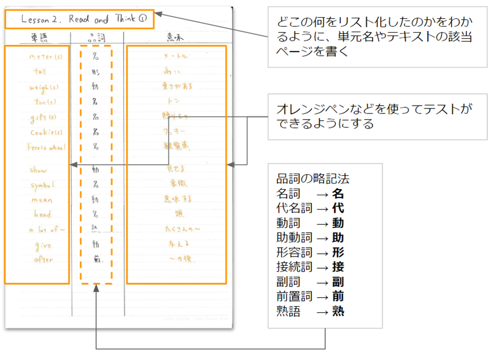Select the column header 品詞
coord(96,37)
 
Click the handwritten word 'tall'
coord(40,72)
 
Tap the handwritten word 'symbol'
coord(42,185)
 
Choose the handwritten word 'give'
coord(42,244)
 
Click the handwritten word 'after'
coord(43,259)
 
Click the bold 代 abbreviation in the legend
coord(338,209)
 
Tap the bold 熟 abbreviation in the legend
coord(338,311)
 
